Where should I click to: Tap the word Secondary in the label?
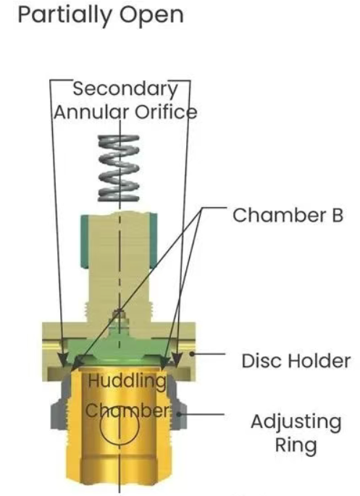pos(125,90)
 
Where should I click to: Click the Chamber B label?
pos(288,215)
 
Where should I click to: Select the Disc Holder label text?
pos(296,361)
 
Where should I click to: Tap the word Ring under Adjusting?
pos(296,446)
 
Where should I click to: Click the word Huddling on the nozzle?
pos(127,381)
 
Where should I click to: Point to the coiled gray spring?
pos(119,168)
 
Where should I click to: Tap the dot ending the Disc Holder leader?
pos(192,354)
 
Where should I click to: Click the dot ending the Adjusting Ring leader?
pos(179,413)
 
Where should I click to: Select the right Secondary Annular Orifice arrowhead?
pos(177,360)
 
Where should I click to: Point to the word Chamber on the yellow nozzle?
pos(127,411)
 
